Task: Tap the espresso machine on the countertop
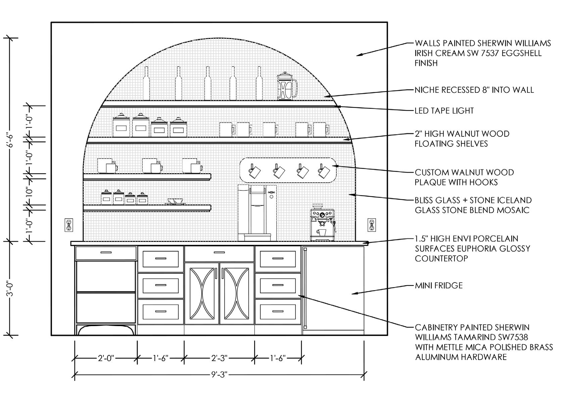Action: [x=322, y=225]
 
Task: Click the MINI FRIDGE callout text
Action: [x=439, y=285]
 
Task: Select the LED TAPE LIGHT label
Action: [x=444, y=110]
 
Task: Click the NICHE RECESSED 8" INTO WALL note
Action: [x=474, y=90]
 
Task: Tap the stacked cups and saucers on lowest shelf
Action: [x=175, y=201]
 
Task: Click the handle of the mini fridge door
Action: [x=305, y=287]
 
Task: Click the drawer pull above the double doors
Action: [x=219, y=253]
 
